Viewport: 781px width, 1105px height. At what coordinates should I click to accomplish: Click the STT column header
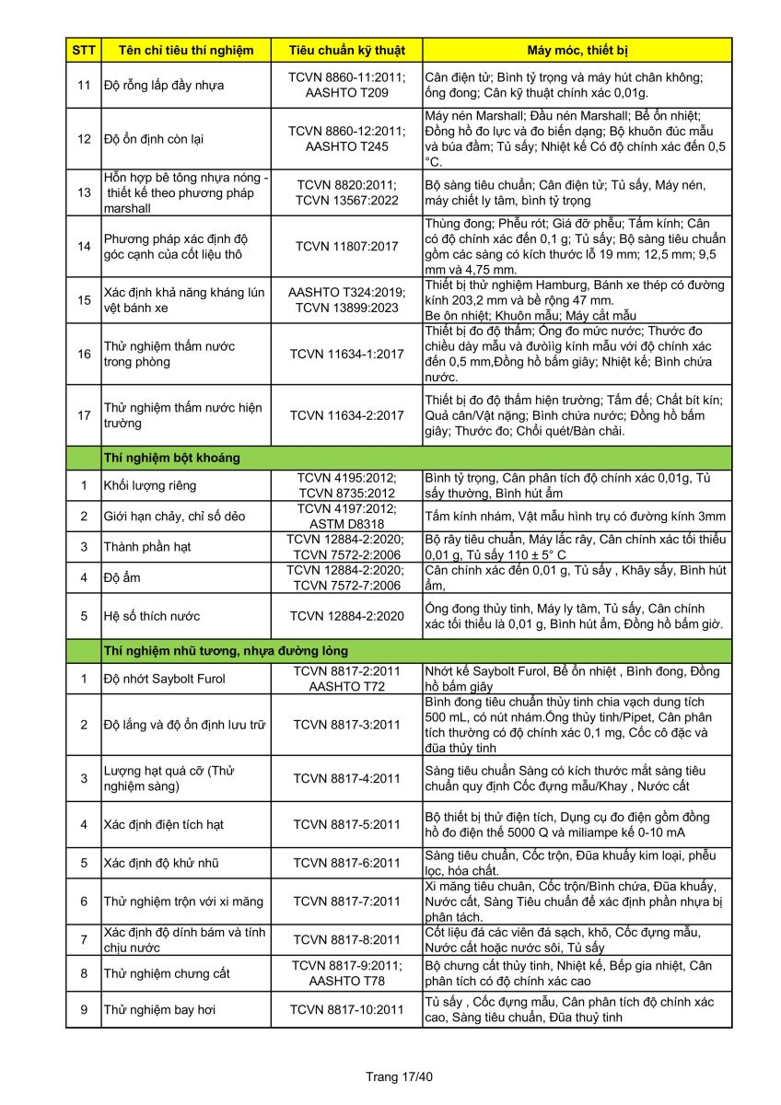(x=83, y=50)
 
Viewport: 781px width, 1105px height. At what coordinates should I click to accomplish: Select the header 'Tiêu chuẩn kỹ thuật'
(x=345, y=50)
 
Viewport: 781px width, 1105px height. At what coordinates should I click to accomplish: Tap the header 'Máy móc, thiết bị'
(x=577, y=50)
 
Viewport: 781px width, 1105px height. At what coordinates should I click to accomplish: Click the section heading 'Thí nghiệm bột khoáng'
(x=172, y=457)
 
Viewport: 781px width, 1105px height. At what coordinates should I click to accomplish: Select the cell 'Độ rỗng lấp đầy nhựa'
(x=164, y=86)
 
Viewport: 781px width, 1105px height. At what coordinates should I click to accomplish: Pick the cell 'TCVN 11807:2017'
(x=345, y=246)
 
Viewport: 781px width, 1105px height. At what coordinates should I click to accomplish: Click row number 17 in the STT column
(x=83, y=415)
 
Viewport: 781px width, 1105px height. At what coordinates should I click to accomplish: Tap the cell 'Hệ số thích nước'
(x=151, y=616)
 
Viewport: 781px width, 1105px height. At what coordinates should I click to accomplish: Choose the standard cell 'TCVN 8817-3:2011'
(x=346, y=725)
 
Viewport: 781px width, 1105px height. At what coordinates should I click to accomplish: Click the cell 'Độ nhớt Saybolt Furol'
(x=164, y=679)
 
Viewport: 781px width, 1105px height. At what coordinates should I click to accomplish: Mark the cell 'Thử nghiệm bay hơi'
(x=159, y=1010)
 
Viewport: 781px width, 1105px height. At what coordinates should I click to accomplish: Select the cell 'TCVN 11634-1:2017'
(x=345, y=354)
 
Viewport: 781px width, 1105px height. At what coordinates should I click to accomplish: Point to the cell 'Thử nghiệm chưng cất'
(x=167, y=973)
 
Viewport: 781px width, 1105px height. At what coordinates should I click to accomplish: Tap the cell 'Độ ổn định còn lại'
(x=153, y=139)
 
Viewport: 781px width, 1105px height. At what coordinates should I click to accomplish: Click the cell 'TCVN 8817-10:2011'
(x=346, y=1010)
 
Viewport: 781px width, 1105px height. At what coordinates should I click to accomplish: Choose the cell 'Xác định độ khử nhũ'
(x=161, y=863)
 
